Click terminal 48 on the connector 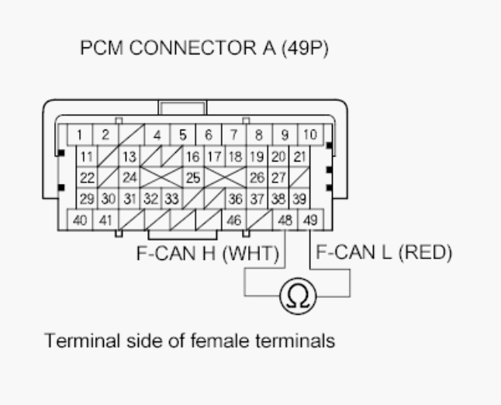tap(286, 220)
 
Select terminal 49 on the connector tap(311, 220)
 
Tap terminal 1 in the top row tap(80, 135)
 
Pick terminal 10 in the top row tap(310, 135)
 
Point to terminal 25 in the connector tap(194, 177)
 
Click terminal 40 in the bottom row tap(80, 220)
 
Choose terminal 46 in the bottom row tap(233, 220)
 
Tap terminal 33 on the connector tap(172, 198)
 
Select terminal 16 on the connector tap(193, 157)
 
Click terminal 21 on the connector tap(299, 157)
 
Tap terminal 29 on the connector tap(87, 198)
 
